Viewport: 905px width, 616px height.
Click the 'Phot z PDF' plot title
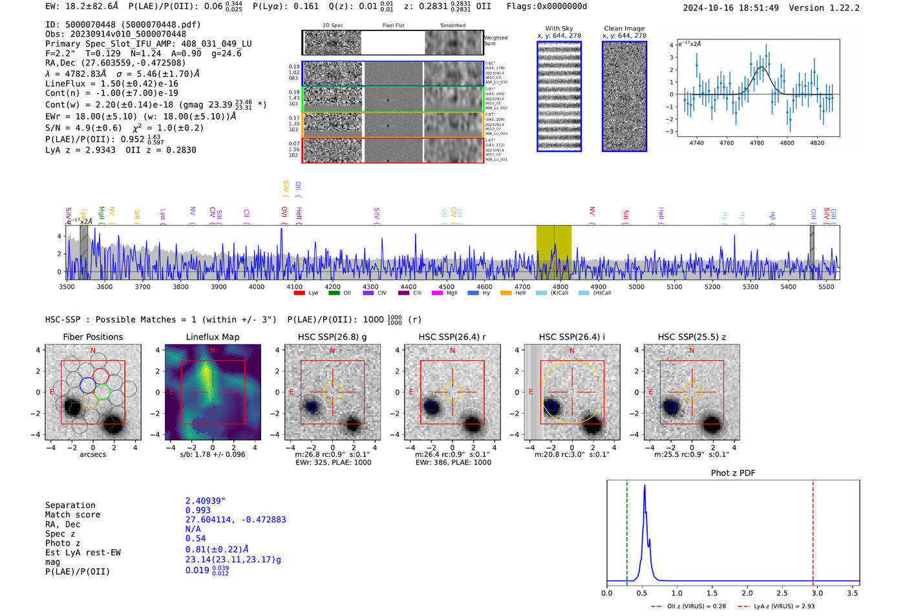pyautogui.click(x=733, y=473)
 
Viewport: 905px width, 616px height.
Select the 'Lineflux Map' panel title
pyautogui.click(x=213, y=337)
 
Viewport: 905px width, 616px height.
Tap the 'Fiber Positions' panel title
pyautogui.click(x=92, y=337)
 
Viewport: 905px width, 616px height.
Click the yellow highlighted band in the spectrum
pyautogui.click(x=553, y=252)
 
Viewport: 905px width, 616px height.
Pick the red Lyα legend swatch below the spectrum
pyautogui.click(x=299, y=293)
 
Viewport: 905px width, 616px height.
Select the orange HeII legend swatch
pyautogui.click(x=506, y=293)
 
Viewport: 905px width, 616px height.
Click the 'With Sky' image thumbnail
pyautogui.click(x=559, y=96)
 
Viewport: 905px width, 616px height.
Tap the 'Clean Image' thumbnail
pyautogui.click(x=624, y=96)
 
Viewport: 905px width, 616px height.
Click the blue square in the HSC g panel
pyautogui.click(x=312, y=407)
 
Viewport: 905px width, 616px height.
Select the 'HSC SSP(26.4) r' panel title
pyautogui.click(x=452, y=337)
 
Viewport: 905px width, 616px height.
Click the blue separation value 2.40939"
pyautogui.click(x=205, y=501)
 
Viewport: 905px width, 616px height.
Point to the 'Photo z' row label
pyautogui.click(x=63, y=543)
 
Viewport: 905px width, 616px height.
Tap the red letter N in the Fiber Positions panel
pyautogui.click(x=93, y=351)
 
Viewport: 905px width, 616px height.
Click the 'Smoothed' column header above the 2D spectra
pyautogui.click(x=452, y=26)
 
